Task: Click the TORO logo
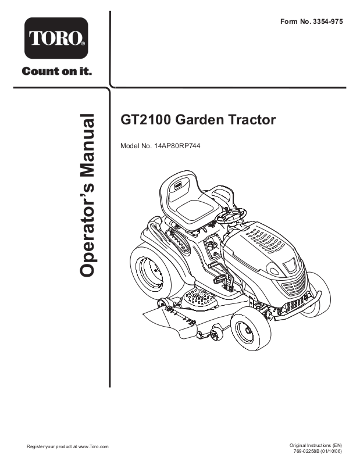pyautogui.click(x=56, y=38)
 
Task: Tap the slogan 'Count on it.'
pyautogui.click(x=56, y=71)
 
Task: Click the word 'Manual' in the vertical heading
pyautogui.click(x=85, y=144)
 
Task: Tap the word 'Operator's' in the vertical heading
pyautogui.click(x=85, y=227)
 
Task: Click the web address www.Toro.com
pyautogui.click(x=93, y=446)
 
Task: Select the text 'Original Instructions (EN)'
pyautogui.click(x=315, y=445)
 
